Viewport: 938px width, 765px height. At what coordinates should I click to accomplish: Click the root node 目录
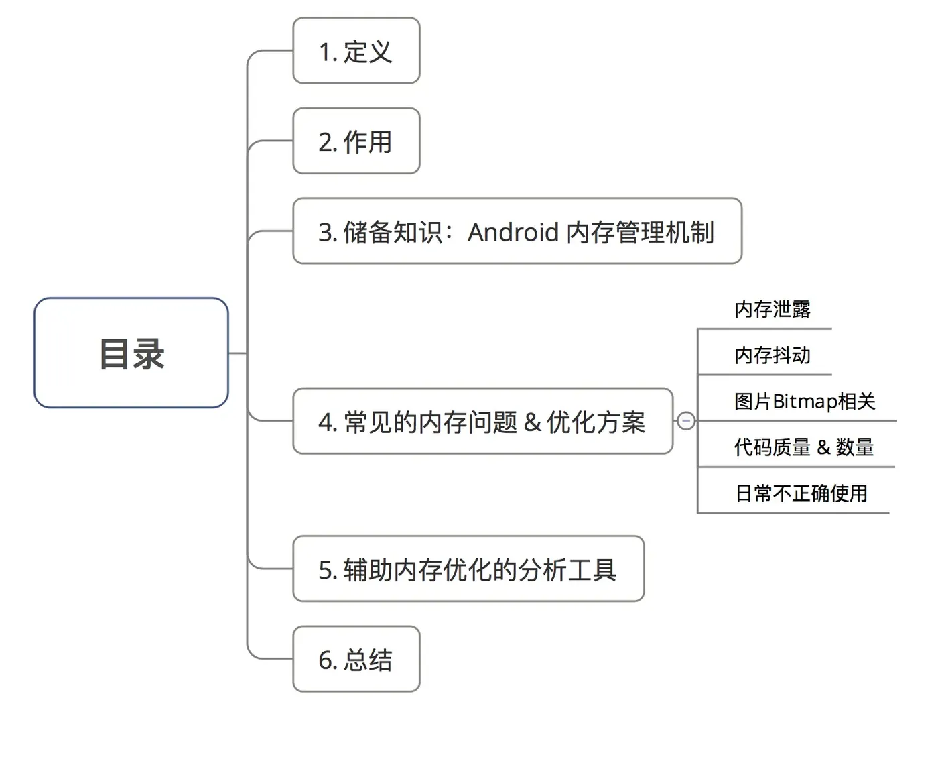click(131, 353)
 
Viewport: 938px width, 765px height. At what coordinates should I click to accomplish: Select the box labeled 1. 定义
click(356, 51)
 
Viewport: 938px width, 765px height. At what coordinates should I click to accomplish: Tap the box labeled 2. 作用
click(356, 141)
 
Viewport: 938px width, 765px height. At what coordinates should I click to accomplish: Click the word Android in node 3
click(513, 232)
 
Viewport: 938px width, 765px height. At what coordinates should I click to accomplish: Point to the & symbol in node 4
click(532, 422)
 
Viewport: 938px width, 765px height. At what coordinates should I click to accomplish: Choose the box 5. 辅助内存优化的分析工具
click(468, 569)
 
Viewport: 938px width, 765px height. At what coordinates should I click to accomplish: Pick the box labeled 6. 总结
click(356, 660)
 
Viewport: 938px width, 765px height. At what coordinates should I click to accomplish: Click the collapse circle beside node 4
click(685, 421)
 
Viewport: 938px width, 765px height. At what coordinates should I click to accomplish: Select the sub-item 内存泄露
click(772, 309)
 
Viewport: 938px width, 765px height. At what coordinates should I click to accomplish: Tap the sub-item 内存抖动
click(772, 355)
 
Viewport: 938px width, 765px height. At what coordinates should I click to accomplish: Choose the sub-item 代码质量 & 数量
click(803, 447)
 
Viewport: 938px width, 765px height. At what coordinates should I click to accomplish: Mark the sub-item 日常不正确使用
click(801, 493)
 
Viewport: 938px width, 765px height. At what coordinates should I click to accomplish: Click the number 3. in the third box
click(327, 233)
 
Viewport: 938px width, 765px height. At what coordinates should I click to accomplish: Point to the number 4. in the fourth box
click(327, 422)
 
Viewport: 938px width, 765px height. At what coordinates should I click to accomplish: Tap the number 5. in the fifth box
click(327, 570)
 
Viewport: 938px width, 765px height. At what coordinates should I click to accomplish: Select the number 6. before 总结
click(327, 660)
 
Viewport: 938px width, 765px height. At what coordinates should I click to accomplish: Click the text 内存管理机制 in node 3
click(640, 232)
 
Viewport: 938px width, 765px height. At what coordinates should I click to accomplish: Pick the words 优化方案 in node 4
click(596, 422)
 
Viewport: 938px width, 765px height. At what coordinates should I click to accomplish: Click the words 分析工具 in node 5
click(567, 570)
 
